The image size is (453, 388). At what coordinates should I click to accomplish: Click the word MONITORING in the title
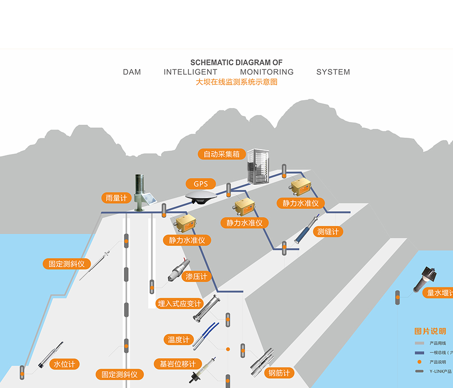[x=267, y=72]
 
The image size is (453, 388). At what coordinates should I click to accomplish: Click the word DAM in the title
[x=132, y=72]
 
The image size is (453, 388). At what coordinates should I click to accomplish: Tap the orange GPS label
[x=201, y=184]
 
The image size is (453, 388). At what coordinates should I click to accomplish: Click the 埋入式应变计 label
[x=180, y=304]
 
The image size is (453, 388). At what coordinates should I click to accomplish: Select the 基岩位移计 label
[x=178, y=364]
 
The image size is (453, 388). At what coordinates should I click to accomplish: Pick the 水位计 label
[x=64, y=364]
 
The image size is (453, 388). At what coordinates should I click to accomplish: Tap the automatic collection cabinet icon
[x=258, y=166]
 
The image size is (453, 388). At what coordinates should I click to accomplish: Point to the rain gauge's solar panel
[x=149, y=200]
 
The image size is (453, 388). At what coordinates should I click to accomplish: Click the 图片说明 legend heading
[x=430, y=331]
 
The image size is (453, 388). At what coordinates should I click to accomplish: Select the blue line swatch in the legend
[x=419, y=353]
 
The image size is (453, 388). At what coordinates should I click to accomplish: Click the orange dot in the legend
[x=419, y=362]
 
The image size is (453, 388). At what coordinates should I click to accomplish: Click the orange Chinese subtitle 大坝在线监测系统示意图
[x=236, y=82]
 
